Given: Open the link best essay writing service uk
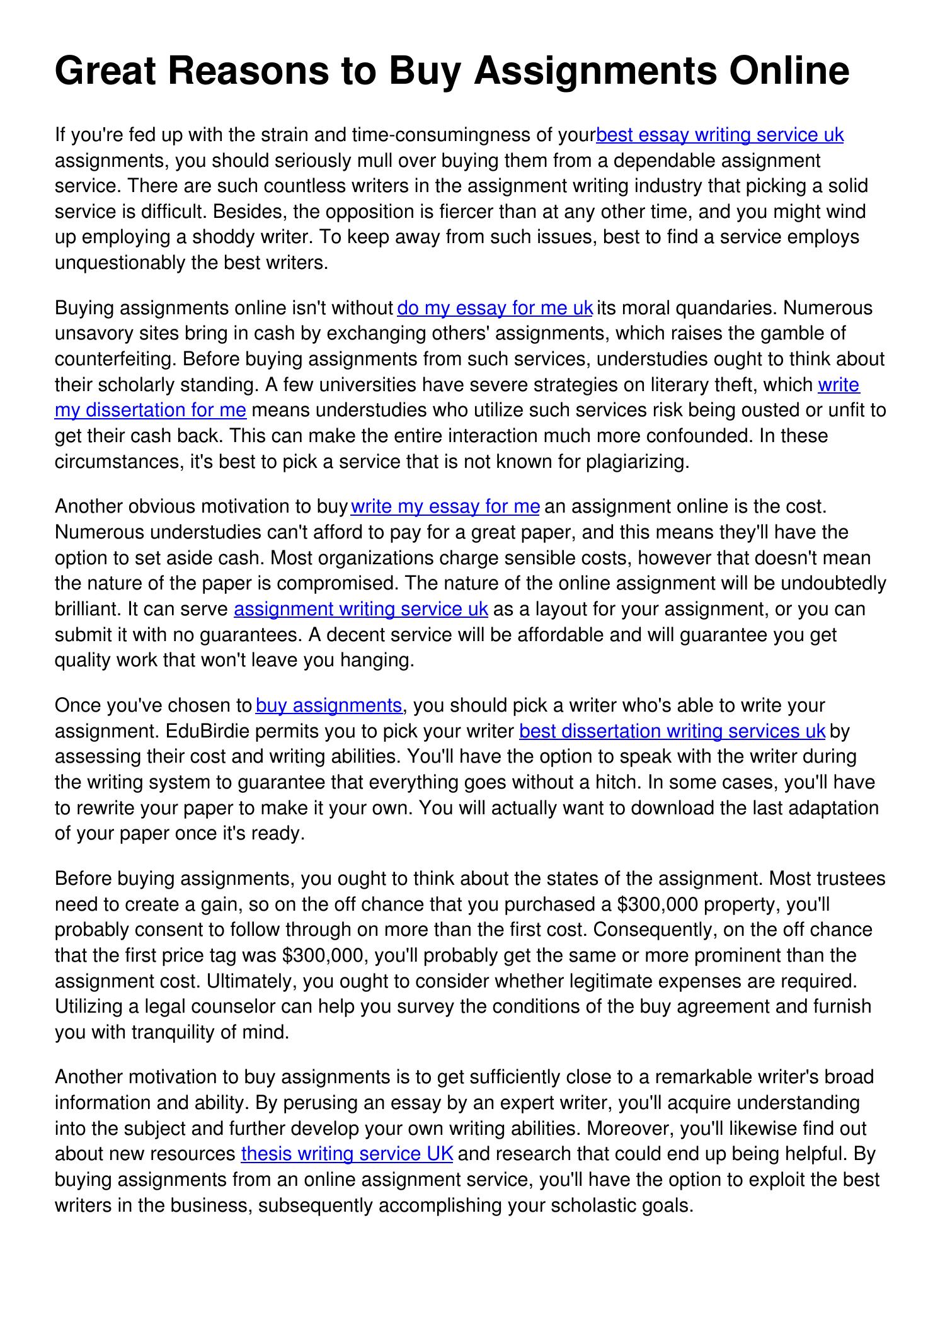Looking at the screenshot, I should point(719,135).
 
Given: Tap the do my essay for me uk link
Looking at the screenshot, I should point(495,308).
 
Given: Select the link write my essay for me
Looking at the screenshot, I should point(445,506).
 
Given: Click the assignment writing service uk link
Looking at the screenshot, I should point(360,609).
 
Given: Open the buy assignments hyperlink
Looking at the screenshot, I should point(329,705).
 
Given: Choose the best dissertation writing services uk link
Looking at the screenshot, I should point(672,731).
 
